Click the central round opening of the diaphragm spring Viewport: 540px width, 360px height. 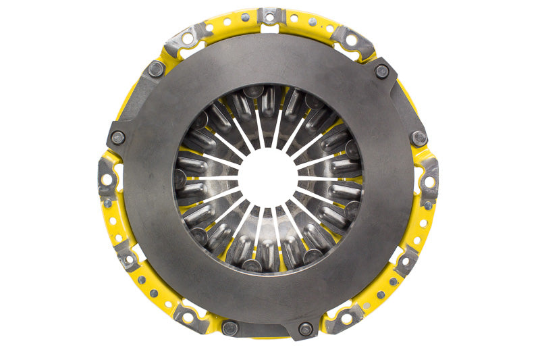269,178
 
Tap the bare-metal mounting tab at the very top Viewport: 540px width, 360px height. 271,16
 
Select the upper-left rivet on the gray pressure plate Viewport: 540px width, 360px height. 156,68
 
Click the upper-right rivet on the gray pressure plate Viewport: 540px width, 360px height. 381,70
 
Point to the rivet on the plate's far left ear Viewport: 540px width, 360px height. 118,137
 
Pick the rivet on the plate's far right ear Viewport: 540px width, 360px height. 419,138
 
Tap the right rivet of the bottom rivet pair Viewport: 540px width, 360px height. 306,329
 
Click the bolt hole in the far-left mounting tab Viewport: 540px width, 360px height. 107,180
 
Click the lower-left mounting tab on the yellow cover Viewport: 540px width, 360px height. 126,255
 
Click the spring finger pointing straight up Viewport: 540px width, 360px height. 269,125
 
